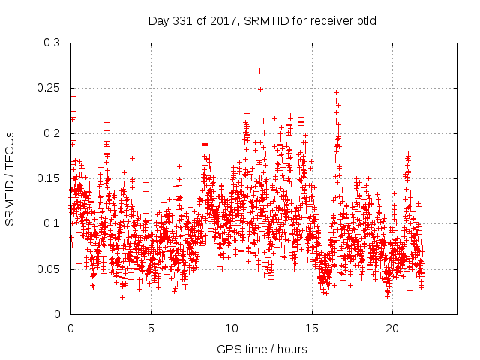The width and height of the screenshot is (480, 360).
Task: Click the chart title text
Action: [x=262, y=20]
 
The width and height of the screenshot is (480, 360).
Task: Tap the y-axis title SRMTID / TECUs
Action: [x=10, y=179]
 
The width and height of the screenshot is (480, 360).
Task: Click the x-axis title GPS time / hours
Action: [x=262, y=349]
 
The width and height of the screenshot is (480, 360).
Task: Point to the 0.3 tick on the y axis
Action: [x=52, y=43]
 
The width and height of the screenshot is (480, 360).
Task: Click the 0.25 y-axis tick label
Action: [x=49, y=88]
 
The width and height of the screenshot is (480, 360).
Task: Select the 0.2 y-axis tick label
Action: [x=52, y=133]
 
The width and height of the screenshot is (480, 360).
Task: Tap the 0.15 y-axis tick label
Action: [x=49, y=178]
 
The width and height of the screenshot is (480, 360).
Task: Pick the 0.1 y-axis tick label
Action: [x=52, y=223]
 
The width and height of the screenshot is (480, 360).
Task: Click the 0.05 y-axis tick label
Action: [x=49, y=268]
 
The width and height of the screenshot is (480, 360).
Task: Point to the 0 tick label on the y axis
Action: [x=58, y=313]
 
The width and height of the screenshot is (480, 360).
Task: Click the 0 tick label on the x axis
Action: [x=70, y=328]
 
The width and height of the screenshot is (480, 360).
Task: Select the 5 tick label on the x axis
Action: [x=151, y=328]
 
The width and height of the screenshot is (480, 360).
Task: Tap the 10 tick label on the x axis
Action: [x=232, y=328]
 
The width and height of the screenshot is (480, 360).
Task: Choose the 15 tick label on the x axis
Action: [x=312, y=328]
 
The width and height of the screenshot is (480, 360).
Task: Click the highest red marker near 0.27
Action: [x=259, y=70]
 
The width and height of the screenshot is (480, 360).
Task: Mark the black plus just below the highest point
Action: [x=260, y=89]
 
